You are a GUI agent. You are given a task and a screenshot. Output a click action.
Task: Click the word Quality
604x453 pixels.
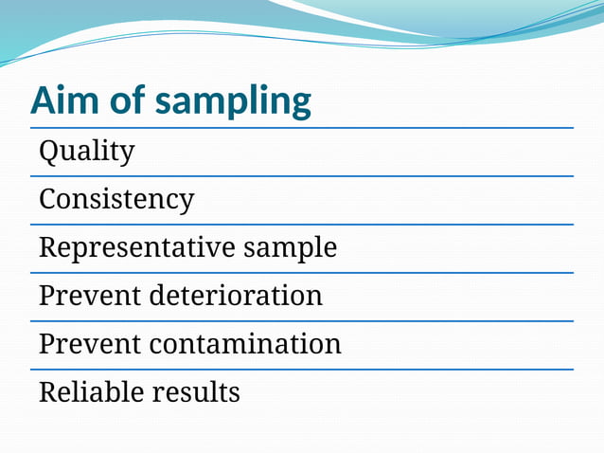click(86, 151)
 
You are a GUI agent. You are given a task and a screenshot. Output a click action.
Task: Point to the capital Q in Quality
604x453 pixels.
click(49, 150)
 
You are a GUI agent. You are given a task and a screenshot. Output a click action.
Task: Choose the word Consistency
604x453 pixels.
click(115, 200)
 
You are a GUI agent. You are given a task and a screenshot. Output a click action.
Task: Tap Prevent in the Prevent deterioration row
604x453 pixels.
click(90, 296)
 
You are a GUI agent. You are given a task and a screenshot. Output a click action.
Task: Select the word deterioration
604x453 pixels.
click(236, 296)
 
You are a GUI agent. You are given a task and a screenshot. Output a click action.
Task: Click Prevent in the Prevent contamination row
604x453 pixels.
click(90, 344)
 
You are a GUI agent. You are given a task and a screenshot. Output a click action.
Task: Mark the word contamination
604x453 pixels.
click(245, 344)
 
